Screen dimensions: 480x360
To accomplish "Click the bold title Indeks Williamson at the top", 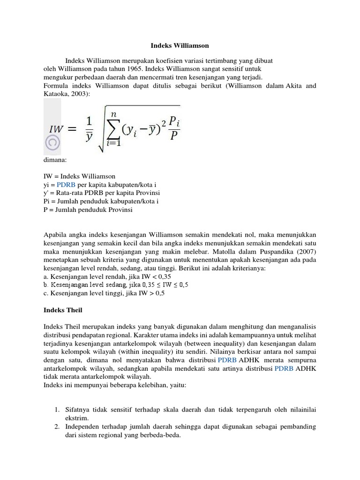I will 180,46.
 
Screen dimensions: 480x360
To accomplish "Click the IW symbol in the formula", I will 57,128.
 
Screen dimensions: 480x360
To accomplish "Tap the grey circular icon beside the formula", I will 52,142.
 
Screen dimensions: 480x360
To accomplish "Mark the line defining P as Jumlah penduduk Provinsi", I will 88,210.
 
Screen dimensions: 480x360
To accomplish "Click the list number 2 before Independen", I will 56,427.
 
